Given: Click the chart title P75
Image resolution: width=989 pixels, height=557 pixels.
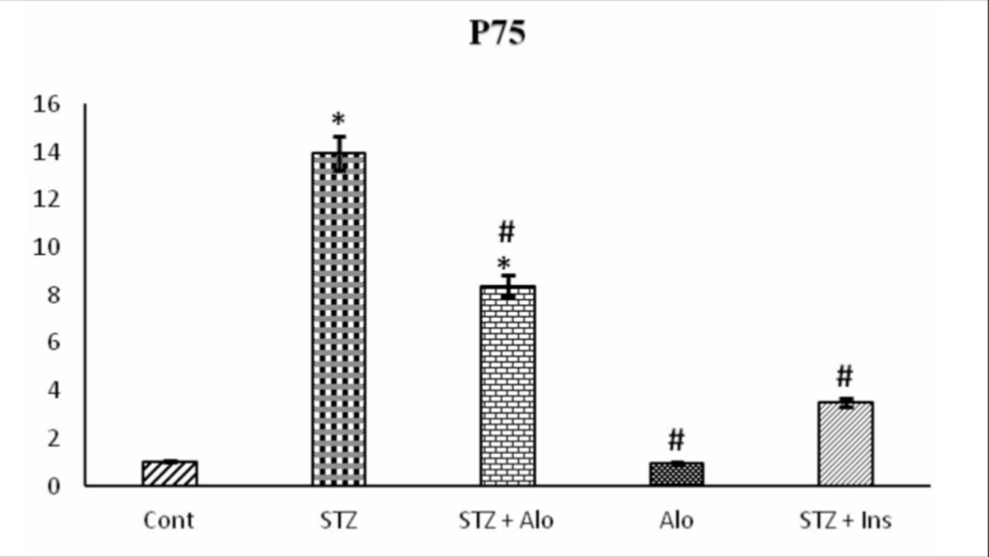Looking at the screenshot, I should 497,34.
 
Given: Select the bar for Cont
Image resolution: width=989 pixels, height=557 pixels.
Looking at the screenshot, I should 169,473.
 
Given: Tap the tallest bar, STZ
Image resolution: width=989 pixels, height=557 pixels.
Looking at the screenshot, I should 338,319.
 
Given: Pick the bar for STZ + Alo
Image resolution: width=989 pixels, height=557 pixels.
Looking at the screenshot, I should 507,386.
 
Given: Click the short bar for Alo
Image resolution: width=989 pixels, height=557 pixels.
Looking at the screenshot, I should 676,474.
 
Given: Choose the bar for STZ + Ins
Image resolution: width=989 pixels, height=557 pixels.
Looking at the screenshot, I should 845,444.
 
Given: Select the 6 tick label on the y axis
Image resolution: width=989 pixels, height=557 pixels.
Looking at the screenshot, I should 54,343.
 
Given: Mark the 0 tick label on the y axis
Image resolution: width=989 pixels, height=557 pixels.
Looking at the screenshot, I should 54,486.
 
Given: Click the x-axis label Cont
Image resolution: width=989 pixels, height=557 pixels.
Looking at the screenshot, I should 169,520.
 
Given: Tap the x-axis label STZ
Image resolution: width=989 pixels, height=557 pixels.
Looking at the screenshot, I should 338,520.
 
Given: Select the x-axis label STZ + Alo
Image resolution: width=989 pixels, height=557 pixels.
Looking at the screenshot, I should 506,520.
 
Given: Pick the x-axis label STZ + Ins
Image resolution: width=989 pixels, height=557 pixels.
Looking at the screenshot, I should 845,520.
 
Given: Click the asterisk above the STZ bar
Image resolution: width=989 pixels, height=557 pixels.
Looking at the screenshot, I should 338,122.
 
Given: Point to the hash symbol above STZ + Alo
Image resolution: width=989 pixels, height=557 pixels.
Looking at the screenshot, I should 507,232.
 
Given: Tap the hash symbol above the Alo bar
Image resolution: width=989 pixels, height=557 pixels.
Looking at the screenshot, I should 676,441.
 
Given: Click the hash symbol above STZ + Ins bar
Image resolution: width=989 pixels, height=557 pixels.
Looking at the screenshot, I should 845,376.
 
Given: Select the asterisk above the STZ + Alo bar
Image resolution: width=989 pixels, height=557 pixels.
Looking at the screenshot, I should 504,265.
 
